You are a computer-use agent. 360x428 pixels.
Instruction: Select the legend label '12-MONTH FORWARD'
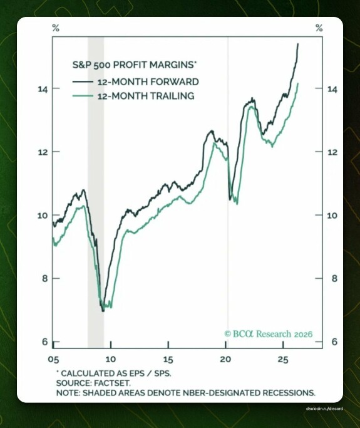148,82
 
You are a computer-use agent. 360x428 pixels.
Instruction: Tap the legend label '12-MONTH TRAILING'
146,96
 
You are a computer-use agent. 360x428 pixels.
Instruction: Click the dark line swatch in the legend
83,81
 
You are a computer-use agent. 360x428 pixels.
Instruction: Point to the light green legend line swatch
83,96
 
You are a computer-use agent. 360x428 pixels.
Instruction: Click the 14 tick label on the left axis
43,89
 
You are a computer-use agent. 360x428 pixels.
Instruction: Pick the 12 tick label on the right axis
332,152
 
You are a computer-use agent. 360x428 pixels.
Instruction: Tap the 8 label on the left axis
45,278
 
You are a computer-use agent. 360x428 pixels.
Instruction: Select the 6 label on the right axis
334,342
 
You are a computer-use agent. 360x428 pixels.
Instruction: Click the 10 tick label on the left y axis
43,216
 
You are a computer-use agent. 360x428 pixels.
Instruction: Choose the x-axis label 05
53,360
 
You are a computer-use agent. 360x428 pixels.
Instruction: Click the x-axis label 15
168,360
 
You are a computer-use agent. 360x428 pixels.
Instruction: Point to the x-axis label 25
283,360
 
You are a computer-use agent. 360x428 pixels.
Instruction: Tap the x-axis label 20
225,360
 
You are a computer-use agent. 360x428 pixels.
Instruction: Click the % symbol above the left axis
56,28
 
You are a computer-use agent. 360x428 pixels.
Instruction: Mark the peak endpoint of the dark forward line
298,44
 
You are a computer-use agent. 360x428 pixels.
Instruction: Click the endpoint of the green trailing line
298,83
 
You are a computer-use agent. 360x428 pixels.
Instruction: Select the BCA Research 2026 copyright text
269,334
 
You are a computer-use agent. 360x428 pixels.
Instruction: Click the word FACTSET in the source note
112,383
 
